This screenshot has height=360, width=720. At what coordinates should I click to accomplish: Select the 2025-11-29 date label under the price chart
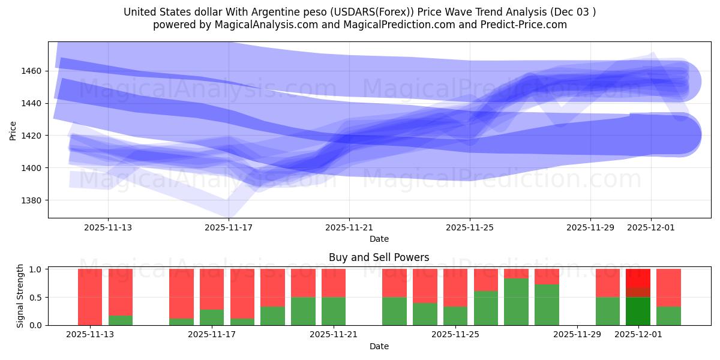(590, 227)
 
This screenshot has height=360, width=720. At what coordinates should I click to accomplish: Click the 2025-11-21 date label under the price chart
(349, 227)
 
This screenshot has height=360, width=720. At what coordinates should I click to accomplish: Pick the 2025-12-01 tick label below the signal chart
(638, 335)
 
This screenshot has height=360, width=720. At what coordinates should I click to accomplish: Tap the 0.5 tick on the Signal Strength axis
(37, 297)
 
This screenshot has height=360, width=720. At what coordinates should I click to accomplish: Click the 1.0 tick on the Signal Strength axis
(37, 269)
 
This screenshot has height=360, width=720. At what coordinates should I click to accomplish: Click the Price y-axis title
(13, 130)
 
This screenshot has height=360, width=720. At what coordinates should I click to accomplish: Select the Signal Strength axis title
(20, 296)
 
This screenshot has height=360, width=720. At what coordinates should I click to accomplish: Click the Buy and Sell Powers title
(379, 257)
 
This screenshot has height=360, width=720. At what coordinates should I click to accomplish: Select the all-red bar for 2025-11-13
(90, 297)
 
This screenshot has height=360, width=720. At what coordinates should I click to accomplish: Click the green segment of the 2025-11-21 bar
(334, 311)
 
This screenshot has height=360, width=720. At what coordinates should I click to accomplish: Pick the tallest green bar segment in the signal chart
(516, 302)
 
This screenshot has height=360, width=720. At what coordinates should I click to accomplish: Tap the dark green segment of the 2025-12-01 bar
(638, 311)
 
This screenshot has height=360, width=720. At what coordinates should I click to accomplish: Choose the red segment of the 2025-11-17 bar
(212, 289)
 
